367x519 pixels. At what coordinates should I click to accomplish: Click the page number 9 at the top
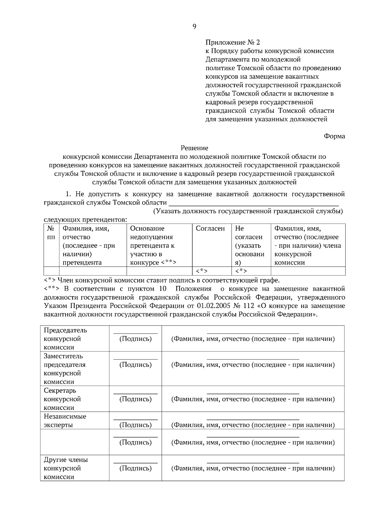(195, 27)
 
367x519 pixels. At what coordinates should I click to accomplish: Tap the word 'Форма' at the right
(334, 136)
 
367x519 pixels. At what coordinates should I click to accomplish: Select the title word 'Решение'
(194, 148)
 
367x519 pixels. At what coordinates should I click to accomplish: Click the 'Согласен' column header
(210, 229)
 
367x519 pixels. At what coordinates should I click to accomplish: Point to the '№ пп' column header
(51, 233)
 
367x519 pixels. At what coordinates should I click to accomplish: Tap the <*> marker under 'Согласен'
(202, 271)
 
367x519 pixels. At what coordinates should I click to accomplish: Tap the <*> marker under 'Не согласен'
(241, 271)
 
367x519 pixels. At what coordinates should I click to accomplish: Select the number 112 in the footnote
(248, 306)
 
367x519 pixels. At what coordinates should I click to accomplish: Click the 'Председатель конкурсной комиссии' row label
(65, 339)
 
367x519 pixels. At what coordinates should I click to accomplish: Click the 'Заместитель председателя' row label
(65, 369)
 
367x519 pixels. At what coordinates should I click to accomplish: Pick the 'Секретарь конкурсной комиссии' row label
(62, 399)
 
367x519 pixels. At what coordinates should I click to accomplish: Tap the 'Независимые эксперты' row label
(65, 421)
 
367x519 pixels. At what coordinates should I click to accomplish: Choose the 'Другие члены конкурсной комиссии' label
(65, 468)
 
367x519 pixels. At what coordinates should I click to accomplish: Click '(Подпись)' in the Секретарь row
(135, 399)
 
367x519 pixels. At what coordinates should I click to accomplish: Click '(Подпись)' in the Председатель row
(135, 339)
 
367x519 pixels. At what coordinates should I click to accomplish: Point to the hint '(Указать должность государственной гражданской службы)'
(248, 211)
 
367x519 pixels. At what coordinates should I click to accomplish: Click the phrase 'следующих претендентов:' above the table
(86, 220)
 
